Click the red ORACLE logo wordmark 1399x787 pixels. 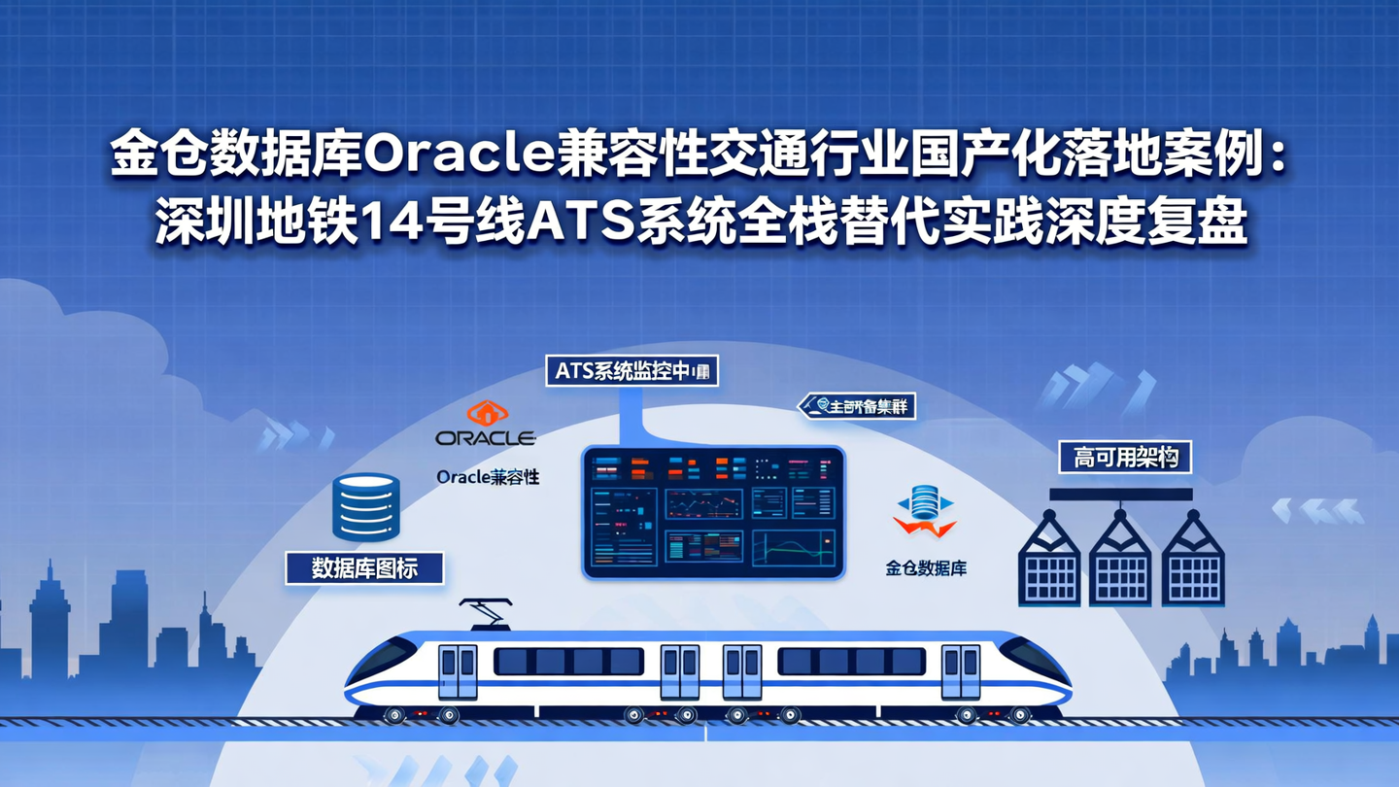click(x=486, y=438)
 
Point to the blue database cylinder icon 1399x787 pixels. click(x=366, y=506)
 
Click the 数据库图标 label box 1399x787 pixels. click(x=364, y=568)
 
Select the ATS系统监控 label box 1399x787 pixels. click(x=631, y=370)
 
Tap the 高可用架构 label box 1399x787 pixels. click(x=1125, y=457)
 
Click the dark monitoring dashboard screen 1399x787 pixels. click(x=713, y=512)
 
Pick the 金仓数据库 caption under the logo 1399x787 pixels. click(x=925, y=568)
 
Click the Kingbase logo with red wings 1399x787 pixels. click(x=925, y=512)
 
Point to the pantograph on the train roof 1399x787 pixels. click(x=486, y=613)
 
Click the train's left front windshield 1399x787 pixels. click(x=381, y=661)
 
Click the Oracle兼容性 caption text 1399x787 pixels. click(x=488, y=477)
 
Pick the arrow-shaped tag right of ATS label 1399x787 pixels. click(x=858, y=406)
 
